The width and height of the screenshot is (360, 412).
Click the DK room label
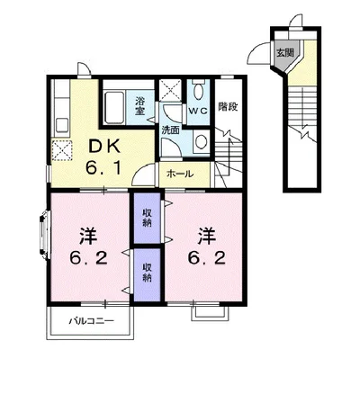pos(103,147)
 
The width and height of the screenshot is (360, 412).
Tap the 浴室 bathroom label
pos(139,106)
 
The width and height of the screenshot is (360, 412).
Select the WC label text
pos(198,111)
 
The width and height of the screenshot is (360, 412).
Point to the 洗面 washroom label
pos(171,130)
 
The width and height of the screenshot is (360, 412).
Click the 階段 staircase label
pos(228,106)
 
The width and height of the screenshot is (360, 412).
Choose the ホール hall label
pos(180,174)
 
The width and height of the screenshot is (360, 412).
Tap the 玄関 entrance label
pos(284,53)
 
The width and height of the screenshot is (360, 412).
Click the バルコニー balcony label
pos(92,321)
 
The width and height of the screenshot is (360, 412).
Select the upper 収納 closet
pos(147,218)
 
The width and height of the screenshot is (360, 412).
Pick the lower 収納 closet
pos(147,274)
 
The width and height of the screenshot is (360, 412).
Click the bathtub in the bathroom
pos(114,108)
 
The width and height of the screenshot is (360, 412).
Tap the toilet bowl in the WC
pos(198,91)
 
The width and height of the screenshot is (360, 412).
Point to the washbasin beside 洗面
pos(201,142)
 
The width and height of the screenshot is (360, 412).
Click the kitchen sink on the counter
pos(62,125)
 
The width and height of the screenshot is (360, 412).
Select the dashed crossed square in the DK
pos(62,149)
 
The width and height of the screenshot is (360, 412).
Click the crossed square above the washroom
pos(170,90)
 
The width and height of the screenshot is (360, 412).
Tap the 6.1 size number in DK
pos(103,167)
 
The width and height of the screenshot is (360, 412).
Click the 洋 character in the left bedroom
pos(88,236)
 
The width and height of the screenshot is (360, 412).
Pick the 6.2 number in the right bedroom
pos(207,257)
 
